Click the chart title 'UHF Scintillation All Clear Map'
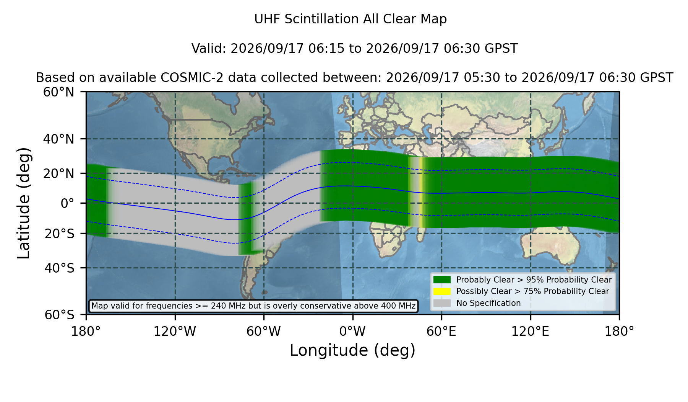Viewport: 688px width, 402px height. [350, 19]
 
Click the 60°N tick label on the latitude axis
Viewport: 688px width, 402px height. [59, 92]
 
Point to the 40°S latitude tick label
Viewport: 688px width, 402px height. [59, 268]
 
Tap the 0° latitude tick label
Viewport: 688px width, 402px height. [68, 203]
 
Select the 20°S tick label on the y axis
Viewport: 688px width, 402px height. [59, 234]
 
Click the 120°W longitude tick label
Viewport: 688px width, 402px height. [175, 332]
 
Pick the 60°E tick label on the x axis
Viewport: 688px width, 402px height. [441, 332]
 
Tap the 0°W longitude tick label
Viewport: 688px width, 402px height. [352, 332]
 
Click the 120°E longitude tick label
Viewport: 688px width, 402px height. [530, 332]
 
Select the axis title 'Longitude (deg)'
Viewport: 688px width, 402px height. [352, 350]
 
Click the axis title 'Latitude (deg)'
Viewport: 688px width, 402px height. [24, 203]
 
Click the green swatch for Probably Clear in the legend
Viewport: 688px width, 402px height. [442, 280]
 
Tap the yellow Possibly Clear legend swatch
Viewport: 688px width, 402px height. [442, 291]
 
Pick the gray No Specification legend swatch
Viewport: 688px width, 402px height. [442, 303]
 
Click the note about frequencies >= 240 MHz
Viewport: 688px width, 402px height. [253, 306]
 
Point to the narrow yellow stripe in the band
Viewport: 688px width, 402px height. [421, 193]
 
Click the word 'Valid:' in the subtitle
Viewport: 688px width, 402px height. [209, 49]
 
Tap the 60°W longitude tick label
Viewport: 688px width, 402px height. [264, 332]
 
